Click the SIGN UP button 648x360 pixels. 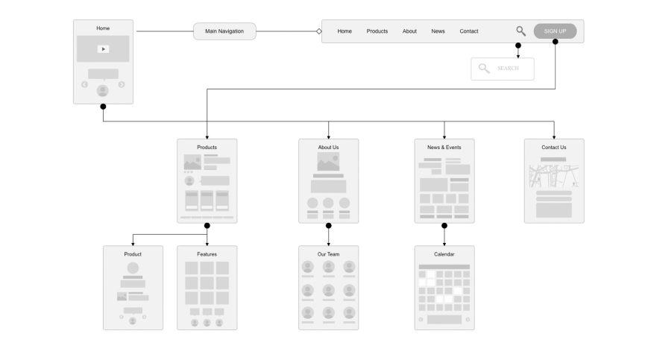(x=555, y=31)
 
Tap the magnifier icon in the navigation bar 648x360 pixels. (x=520, y=31)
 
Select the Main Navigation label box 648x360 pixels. (x=224, y=31)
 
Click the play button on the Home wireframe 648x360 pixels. (x=103, y=49)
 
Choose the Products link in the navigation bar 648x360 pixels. (x=377, y=31)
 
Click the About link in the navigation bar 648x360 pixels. (x=409, y=31)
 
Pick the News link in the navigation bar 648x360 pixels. (x=438, y=31)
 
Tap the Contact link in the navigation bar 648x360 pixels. (x=468, y=31)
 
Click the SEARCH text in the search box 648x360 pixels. (x=508, y=69)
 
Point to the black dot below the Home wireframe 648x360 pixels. (x=104, y=107)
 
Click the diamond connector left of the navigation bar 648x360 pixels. (x=319, y=31)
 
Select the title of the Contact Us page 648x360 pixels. (x=554, y=148)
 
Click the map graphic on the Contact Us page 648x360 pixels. (x=554, y=176)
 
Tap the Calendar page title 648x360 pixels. (x=444, y=254)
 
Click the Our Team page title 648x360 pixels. (x=329, y=254)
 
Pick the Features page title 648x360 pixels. (x=207, y=254)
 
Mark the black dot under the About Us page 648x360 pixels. (x=329, y=225)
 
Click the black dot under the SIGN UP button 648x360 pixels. (x=556, y=42)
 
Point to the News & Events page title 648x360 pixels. (x=444, y=148)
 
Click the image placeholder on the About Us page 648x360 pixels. (x=329, y=162)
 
